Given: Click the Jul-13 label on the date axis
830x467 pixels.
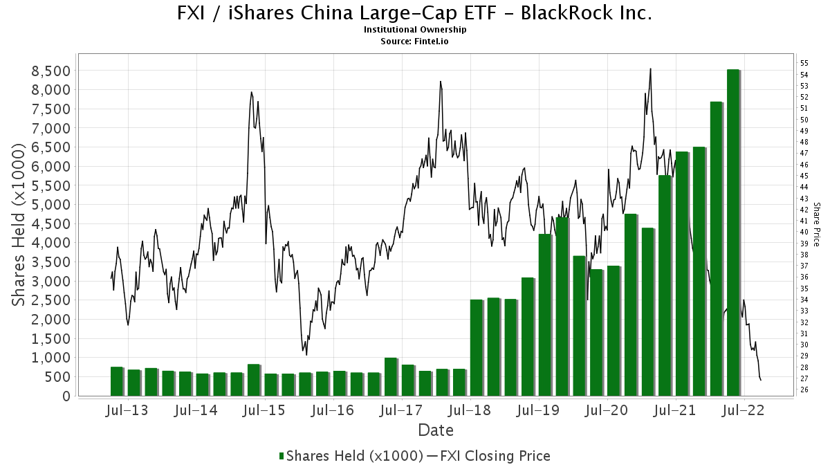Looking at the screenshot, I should tap(128, 410).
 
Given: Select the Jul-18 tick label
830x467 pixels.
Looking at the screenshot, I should tap(470, 410).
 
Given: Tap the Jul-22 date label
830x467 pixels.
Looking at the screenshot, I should tap(744, 410).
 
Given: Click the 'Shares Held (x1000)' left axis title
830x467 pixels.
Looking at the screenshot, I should tap(20, 224).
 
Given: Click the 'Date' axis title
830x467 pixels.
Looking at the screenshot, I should tap(436, 430).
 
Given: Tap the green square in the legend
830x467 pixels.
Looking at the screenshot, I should tap(282, 456).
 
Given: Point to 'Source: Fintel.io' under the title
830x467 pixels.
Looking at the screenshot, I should tap(415, 41).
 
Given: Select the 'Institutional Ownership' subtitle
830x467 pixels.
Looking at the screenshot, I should tap(415, 30).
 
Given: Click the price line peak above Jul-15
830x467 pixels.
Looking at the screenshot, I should tap(252, 93).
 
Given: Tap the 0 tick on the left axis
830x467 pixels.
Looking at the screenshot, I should tap(66, 396).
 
